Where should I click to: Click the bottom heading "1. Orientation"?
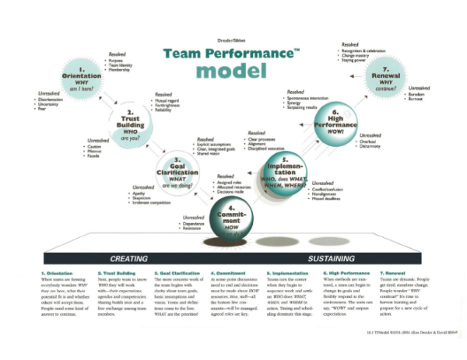click(55, 274)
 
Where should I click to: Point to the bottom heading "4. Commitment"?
click(227, 274)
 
